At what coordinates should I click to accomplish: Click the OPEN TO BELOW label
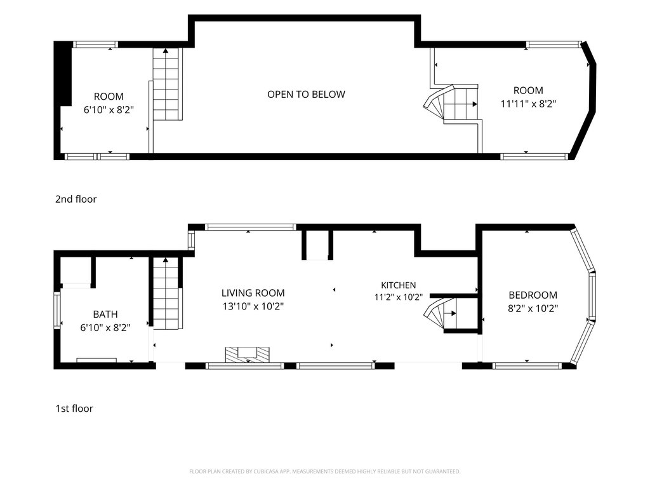click(306, 95)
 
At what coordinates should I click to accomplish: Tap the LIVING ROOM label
click(253, 293)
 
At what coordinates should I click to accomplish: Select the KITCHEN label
click(399, 285)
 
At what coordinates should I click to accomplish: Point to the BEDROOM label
click(533, 295)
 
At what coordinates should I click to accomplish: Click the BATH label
click(105, 314)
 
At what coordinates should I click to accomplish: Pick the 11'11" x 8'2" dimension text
click(528, 104)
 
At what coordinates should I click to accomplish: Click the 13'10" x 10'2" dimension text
click(253, 307)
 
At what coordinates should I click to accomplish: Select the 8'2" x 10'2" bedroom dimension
click(533, 308)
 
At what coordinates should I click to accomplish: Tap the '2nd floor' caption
click(76, 199)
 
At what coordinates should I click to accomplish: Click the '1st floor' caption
click(74, 409)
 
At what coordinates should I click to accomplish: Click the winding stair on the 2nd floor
click(451, 104)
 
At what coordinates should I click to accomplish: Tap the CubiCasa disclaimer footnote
click(324, 471)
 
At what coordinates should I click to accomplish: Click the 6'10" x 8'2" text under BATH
click(105, 327)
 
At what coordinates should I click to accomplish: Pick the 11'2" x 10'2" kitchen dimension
click(399, 297)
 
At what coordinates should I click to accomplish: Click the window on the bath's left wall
click(57, 310)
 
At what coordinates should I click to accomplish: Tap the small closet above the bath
click(76, 270)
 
